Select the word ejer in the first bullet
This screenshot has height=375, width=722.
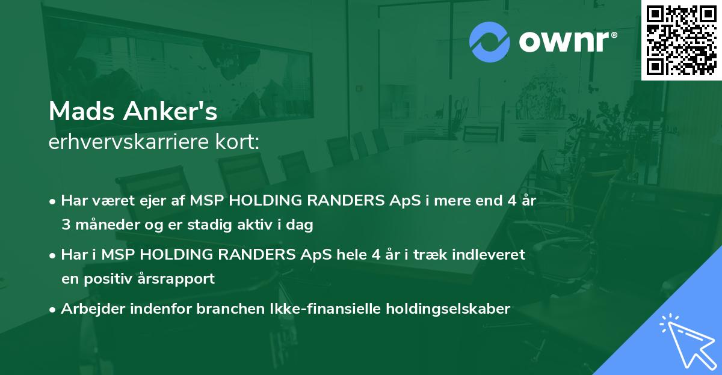pyautogui.click(x=154, y=201)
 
